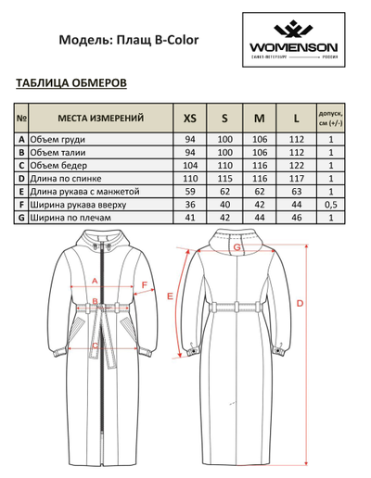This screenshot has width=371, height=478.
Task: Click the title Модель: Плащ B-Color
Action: (x=129, y=41)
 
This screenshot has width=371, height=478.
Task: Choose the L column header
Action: (x=295, y=119)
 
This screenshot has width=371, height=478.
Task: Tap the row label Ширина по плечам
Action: (x=73, y=218)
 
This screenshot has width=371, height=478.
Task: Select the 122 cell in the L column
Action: (x=295, y=165)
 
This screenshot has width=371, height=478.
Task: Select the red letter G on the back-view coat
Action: (x=237, y=247)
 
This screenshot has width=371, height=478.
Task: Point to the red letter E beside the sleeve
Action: (x=170, y=296)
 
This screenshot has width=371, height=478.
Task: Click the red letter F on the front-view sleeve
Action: (x=146, y=286)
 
